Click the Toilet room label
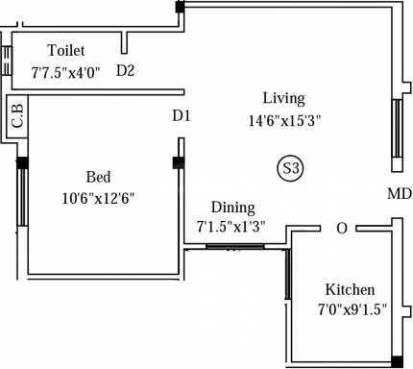(65, 50)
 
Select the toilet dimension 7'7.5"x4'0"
(65, 71)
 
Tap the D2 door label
(126, 70)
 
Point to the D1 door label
(182, 115)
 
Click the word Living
(284, 98)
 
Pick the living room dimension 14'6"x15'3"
(284, 120)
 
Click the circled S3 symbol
(290, 169)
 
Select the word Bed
(98, 177)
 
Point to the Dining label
(232, 208)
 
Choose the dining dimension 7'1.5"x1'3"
(231, 228)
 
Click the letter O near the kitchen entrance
(341, 229)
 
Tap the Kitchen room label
(351, 290)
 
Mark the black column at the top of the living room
(180, 8)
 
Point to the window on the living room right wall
(396, 128)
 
